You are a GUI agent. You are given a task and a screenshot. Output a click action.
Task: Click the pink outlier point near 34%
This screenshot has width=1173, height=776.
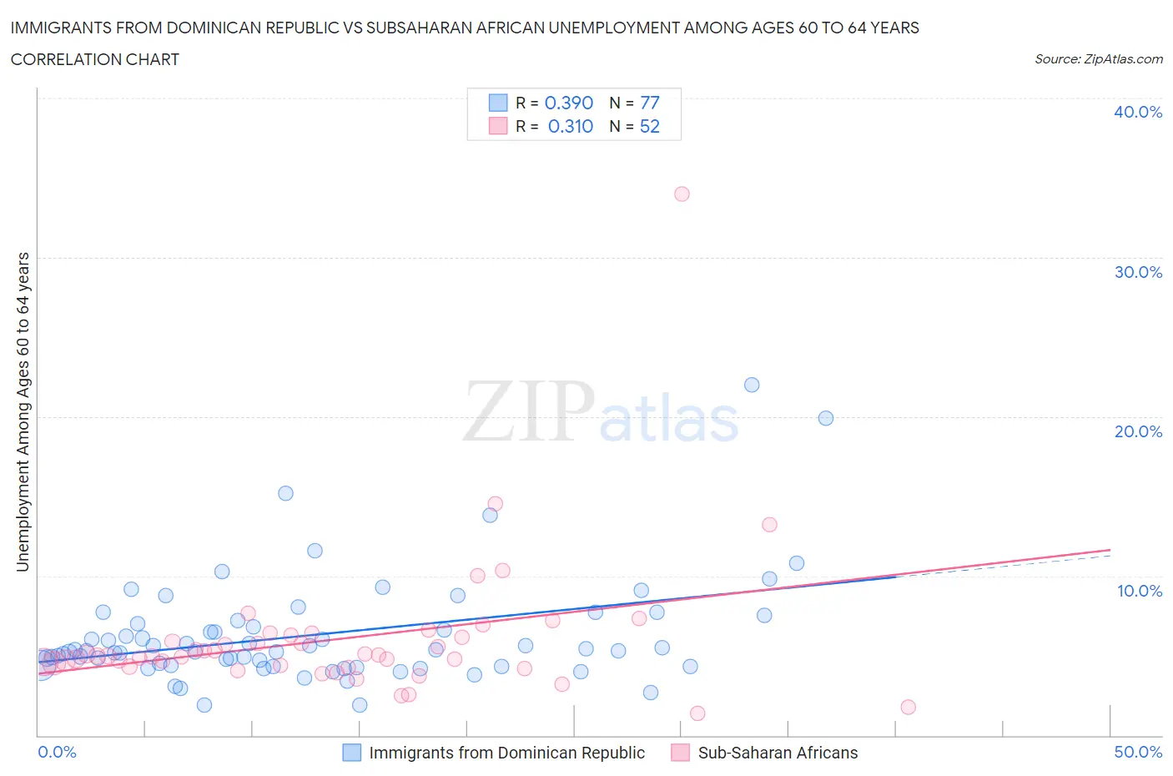[x=682, y=194]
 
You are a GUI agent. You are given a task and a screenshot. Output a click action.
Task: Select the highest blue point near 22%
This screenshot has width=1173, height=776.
[x=752, y=385]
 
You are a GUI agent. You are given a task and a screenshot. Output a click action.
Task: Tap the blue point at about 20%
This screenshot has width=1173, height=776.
[x=826, y=418]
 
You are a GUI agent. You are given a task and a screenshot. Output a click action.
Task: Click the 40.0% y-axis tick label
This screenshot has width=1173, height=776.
[x=1138, y=112]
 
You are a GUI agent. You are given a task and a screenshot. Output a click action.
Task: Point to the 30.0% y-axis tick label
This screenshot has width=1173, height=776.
[x=1138, y=272]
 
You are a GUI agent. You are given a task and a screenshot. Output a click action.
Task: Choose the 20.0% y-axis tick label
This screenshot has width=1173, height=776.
[x=1138, y=431]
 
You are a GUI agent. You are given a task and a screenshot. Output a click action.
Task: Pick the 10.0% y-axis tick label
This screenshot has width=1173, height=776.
[x=1139, y=591]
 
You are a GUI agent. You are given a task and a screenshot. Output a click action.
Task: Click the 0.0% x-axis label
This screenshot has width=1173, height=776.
[x=57, y=752]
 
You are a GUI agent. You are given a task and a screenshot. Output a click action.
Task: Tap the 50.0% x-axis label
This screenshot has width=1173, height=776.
[x=1138, y=752]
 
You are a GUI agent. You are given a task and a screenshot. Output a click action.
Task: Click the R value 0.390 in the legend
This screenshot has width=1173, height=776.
[x=568, y=103]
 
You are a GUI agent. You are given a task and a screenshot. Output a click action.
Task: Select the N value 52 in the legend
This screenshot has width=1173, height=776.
[x=649, y=126]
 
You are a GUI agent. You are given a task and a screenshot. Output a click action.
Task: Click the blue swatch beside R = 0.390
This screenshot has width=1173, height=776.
[x=498, y=103]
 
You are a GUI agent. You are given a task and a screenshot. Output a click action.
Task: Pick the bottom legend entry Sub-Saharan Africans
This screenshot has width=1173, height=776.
[x=777, y=753]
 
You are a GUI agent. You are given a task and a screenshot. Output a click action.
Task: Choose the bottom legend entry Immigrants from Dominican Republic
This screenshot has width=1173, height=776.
[x=506, y=753]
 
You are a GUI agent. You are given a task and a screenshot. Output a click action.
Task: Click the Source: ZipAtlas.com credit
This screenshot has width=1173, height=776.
[x=1098, y=59]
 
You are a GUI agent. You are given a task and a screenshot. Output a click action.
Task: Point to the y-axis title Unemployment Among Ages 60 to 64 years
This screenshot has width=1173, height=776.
[x=23, y=412]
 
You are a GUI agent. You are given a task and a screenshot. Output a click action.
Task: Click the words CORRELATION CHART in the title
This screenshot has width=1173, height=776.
[x=95, y=59]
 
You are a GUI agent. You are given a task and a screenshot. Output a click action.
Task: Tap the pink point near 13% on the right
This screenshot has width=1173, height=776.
[x=769, y=525]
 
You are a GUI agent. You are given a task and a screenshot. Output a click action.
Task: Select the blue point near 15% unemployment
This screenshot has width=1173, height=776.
[x=285, y=493]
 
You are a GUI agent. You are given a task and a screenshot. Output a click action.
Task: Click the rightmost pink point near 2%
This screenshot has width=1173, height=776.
[x=908, y=707]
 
